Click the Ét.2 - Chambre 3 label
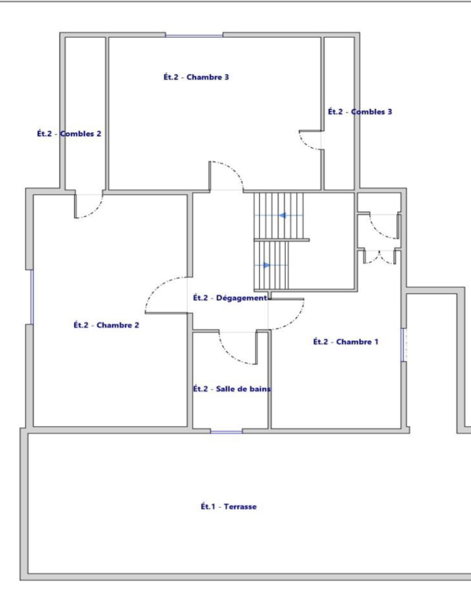point(196,77)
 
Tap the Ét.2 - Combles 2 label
point(69,134)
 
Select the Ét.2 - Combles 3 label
point(360,112)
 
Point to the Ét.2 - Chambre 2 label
point(106,325)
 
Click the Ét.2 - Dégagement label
point(230,298)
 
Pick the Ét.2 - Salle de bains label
point(232,389)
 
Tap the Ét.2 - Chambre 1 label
point(346,342)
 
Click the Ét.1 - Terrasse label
point(229,506)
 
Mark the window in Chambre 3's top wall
point(194,36)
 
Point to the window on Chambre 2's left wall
point(32,297)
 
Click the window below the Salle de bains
point(226,431)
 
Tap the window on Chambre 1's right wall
point(403,345)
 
